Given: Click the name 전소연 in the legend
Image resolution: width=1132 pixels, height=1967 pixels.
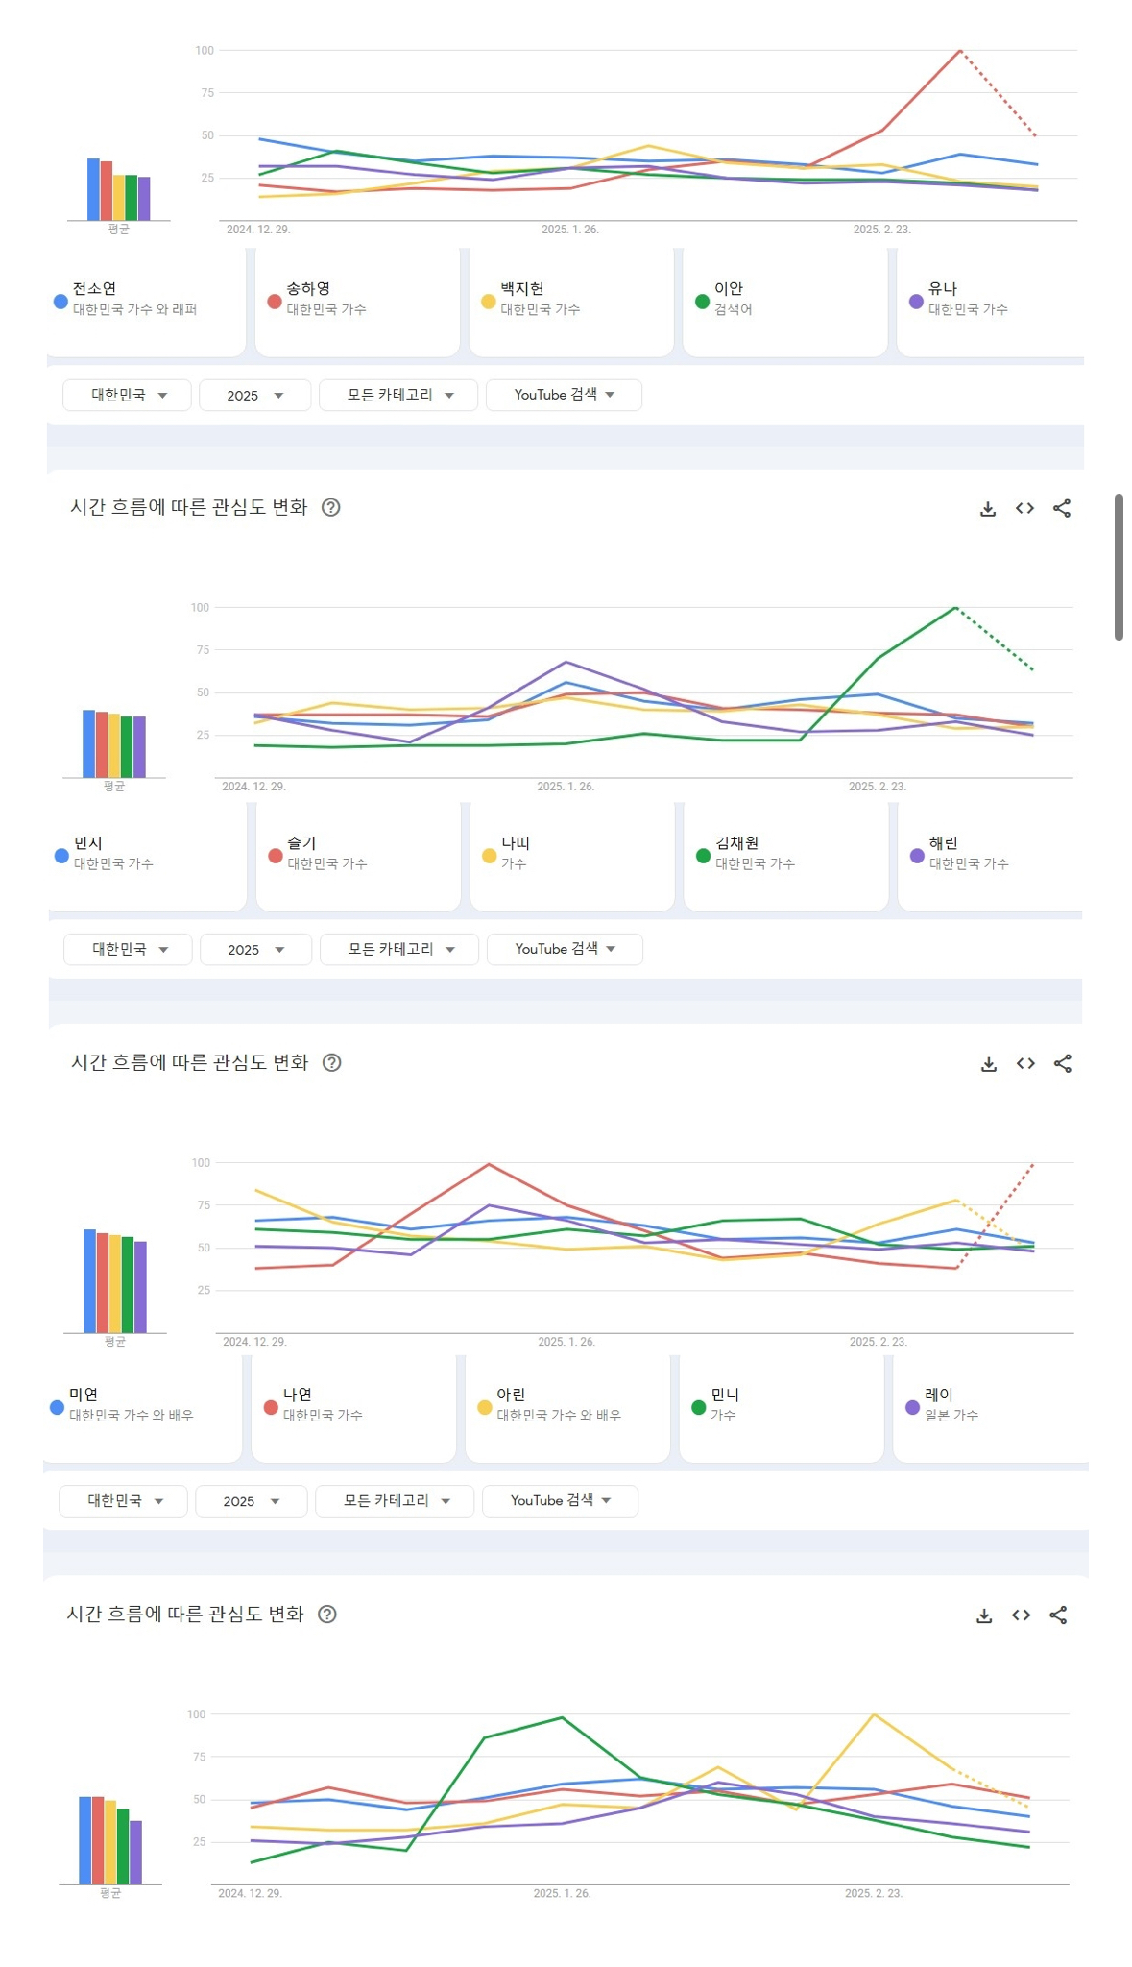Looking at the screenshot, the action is pyautogui.click(x=94, y=288).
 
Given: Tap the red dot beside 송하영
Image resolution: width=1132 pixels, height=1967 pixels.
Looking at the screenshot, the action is pyautogui.click(x=275, y=302).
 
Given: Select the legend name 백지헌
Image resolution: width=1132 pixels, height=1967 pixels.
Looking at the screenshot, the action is pyautogui.click(x=521, y=288).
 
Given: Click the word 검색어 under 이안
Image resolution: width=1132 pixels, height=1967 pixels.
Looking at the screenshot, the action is pyautogui.click(x=733, y=309).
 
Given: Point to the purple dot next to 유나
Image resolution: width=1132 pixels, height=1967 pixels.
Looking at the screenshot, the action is pyautogui.click(x=916, y=302).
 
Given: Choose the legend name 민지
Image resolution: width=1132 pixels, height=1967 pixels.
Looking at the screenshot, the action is pyautogui.click(x=88, y=842).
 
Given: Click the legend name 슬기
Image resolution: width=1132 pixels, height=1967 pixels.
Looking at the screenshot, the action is pyautogui.click(x=301, y=842).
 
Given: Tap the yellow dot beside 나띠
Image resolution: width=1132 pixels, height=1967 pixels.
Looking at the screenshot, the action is pyautogui.click(x=489, y=856).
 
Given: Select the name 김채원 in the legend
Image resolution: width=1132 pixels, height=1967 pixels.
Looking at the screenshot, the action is pyautogui.click(x=736, y=842).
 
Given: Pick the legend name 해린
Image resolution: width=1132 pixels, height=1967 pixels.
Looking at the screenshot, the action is pyautogui.click(x=943, y=842).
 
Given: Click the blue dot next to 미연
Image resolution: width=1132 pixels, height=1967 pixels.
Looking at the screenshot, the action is pyautogui.click(x=57, y=1407).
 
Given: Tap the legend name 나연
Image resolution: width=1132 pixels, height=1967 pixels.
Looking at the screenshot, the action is pyautogui.click(x=297, y=1394).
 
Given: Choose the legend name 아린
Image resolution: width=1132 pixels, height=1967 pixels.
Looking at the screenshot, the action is pyautogui.click(x=511, y=1394).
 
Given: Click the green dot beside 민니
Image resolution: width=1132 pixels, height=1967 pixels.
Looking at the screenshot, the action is pyautogui.click(x=699, y=1407).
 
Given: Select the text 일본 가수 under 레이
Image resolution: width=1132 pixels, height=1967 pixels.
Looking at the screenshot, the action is pyautogui.click(x=951, y=1415).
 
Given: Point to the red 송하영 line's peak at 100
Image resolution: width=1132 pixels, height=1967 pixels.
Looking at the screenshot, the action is pyautogui.click(x=959, y=50).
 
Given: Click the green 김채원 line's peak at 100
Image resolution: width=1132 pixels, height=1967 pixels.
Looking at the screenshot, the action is pyautogui.click(x=955, y=607).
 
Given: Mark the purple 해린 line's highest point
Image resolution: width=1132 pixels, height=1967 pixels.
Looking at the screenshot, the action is pyautogui.click(x=566, y=662).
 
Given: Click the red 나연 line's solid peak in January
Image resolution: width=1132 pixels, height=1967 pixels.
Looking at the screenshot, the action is pyautogui.click(x=489, y=1164).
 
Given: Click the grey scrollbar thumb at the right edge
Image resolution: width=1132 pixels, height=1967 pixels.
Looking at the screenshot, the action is pyautogui.click(x=1119, y=567).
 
